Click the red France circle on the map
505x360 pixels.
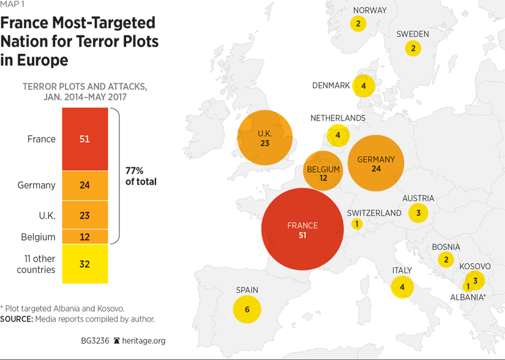pos(302,229)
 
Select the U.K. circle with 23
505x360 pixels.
pos(264,138)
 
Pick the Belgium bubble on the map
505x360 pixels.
pos(323,170)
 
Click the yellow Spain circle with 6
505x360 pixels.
pos(247,309)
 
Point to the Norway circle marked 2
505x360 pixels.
pos(358,24)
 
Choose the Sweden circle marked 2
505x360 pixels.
pos(413,48)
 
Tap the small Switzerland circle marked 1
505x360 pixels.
pos(356,224)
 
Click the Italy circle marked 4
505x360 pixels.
pos(402,287)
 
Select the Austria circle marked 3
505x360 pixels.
pos(418,213)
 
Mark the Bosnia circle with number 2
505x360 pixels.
pos(446,260)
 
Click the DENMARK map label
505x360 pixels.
pos(331,86)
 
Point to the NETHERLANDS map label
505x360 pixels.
pos(337,118)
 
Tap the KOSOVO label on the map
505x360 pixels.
pos(474,266)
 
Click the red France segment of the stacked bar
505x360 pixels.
pos(84,139)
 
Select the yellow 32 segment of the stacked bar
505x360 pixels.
pos(84,264)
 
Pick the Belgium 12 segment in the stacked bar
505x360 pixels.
pos(84,237)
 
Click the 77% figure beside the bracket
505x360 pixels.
pos(135,171)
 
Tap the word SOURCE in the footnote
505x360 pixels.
pos(16,319)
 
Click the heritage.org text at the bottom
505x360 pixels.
pos(144,340)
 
